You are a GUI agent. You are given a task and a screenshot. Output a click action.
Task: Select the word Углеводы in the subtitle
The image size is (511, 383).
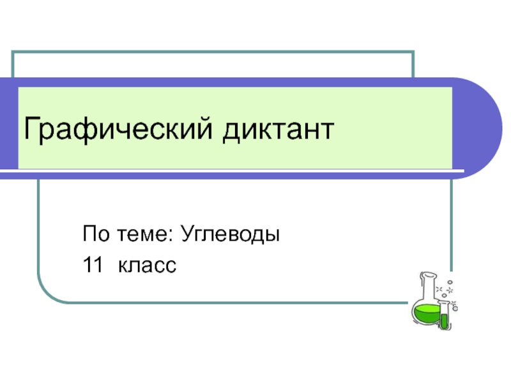(231, 234)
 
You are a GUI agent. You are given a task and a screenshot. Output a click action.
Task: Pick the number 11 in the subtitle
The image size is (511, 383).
(91, 264)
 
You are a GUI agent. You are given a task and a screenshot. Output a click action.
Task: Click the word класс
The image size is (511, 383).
(146, 264)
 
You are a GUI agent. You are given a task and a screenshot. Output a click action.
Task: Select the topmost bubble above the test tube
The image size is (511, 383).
(450, 282)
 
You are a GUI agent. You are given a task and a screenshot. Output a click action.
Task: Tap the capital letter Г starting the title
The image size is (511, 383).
(30, 130)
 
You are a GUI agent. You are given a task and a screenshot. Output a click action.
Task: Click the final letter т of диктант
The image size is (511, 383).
(327, 131)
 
